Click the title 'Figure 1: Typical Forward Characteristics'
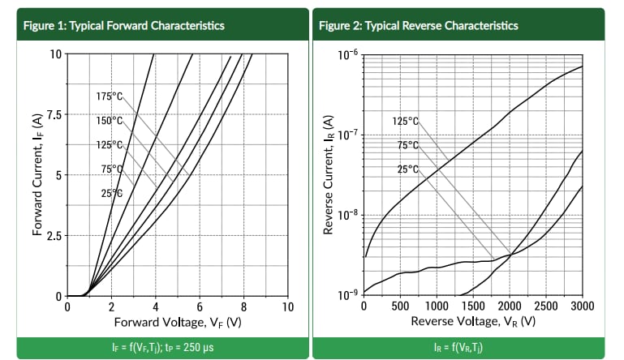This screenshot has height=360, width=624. coord(119,25)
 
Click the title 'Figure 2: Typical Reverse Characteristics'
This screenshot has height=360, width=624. coord(418,25)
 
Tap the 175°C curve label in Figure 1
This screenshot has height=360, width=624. coord(109,96)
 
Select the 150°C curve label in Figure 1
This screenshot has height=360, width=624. coord(109,121)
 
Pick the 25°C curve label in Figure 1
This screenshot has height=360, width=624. coord(111,193)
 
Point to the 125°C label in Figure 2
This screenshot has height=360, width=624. coord(405,121)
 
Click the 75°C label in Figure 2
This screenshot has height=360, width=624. coord(407,145)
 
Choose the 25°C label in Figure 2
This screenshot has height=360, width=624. coord(407,169)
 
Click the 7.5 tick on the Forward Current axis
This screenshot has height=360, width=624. coord(53,114)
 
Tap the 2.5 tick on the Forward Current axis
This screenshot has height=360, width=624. coord(53,236)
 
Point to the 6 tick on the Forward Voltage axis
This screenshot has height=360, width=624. coord(200,307)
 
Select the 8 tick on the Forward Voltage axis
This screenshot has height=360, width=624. coord(243,307)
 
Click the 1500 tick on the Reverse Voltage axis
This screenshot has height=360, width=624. coord(473,307)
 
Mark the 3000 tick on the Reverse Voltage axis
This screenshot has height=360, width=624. coord(583,307)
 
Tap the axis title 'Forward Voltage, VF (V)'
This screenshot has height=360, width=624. coord(178,322)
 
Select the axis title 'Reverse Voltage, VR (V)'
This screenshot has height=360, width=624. coord(473,322)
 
